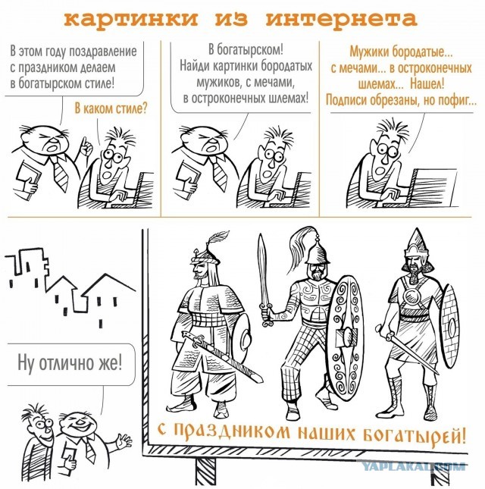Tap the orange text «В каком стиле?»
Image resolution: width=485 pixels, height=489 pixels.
coord(111,107)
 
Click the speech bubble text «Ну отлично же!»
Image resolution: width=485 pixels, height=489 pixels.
coord(69,362)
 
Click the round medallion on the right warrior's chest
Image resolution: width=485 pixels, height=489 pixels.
coord(415,297)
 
